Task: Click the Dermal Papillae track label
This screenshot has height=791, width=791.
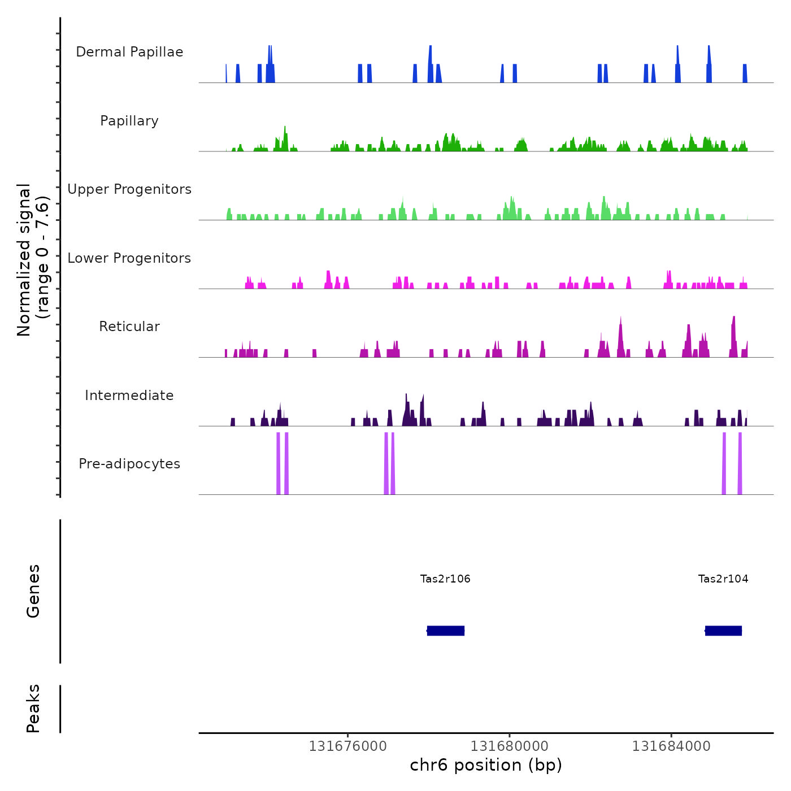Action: pyautogui.click(x=129, y=52)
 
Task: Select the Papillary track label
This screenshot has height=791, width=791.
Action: pyautogui.click(x=129, y=121)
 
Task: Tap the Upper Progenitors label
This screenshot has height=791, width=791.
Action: pyautogui.click(x=129, y=189)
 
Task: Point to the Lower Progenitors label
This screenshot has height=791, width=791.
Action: pyautogui.click(x=129, y=258)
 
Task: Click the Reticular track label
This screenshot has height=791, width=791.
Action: pyautogui.click(x=129, y=327)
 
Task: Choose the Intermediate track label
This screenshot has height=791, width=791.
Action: pyautogui.click(x=129, y=395)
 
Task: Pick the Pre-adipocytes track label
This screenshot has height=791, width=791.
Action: pyautogui.click(x=129, y=464)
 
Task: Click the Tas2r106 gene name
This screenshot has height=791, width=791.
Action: pyautogui.click(x=445, y=579)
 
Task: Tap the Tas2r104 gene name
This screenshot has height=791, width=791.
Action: pyautogui.click(x=723, y=579)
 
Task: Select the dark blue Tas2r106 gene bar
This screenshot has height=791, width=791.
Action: pyautogui.click(x=446, y=631)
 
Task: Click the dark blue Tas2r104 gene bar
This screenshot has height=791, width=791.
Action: pyautogui.click(x=724, y=631)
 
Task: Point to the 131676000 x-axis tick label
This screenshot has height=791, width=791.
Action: pyautogui.click(x=347, y=746)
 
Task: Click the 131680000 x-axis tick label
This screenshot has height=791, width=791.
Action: pyautogui.click(x=509, y=746)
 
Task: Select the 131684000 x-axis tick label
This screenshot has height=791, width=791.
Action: pyautogui.click(x=671, y=746)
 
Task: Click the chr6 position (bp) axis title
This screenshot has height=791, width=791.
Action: pyautogui.click(x=486, y=765)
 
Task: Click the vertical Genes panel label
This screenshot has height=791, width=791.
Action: pyautogui.click(x=33, y=591)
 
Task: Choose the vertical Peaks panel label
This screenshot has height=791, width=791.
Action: pyautogui.click(x=33, y=709)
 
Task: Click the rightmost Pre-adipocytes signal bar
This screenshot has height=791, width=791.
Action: pyautogui.click(x=740, y=463)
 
